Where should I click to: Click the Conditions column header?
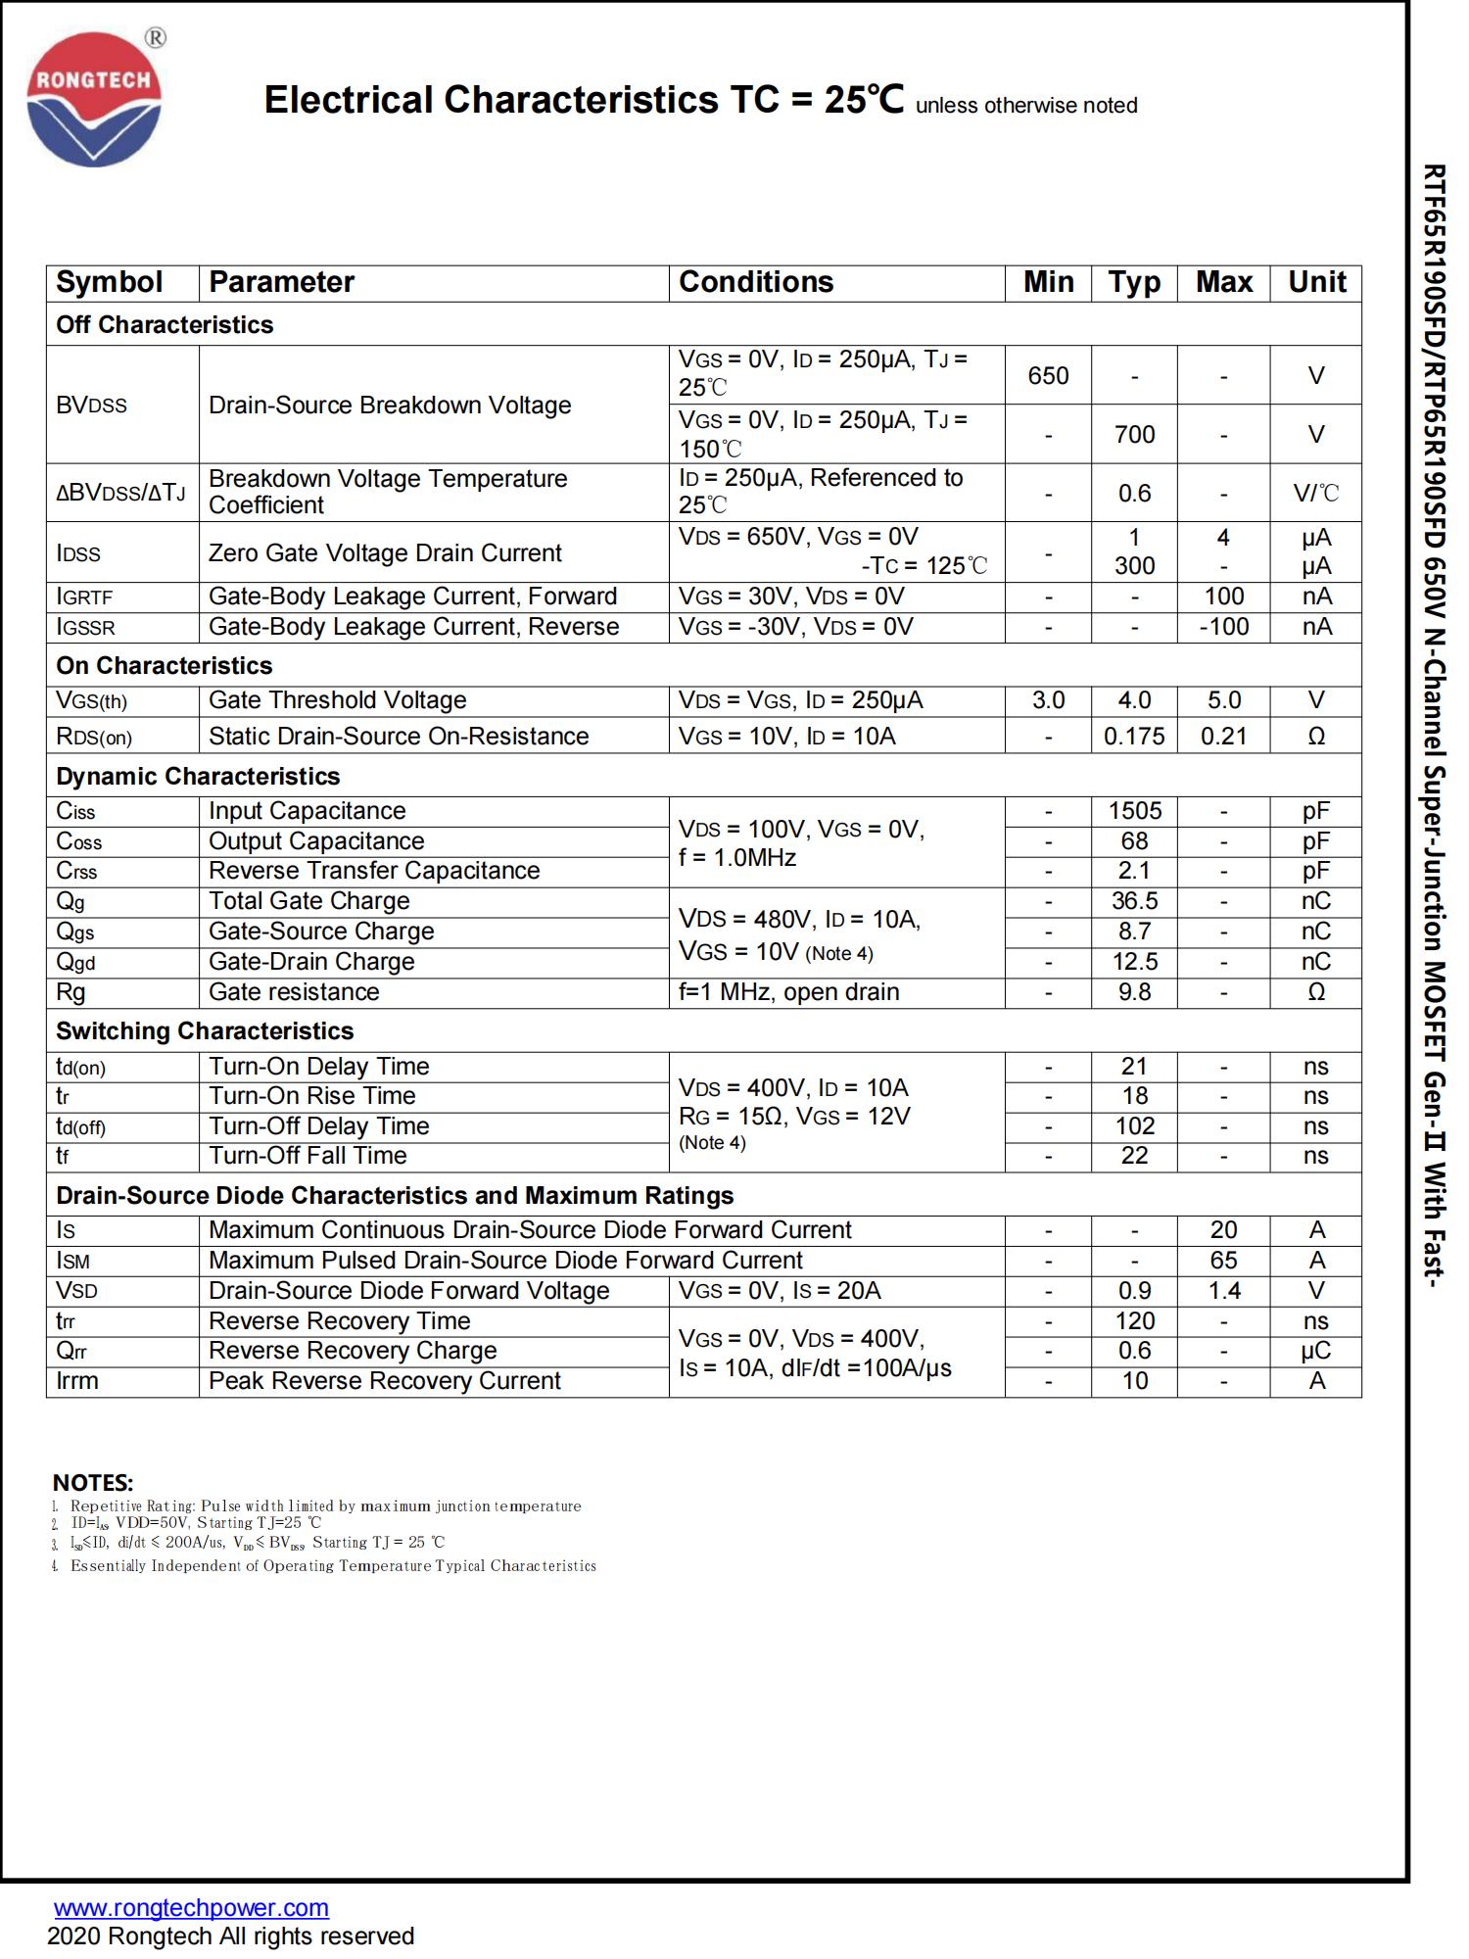tap(755, 282)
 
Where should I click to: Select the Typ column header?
tap(1134, 282)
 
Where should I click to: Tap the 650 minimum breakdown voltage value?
tap(1048, 375)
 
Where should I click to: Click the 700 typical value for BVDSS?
tap(1134, 434)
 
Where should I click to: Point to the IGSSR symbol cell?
tap(86, 628)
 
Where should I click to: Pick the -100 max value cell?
tap(1223, 627)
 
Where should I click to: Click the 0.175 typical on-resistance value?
tap(1134, 737)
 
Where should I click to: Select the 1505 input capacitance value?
tap(1134, 811)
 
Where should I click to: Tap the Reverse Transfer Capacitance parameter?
tap(374, 871)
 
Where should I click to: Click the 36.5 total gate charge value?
tap(1134, 901)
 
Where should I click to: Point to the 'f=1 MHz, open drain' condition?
tap(788, 992)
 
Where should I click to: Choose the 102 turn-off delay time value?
tap(1134, 1126)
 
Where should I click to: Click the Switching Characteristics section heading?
tap(204, 1031)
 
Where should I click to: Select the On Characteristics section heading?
tap(164, 666)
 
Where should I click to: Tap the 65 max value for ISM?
tap(1223, 1261)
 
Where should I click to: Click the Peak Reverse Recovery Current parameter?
tap(384, 1381)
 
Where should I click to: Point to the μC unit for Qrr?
tap(1315, 1351)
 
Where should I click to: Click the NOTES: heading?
tap(93, 1483)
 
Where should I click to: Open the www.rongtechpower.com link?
tap(191, 1908)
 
